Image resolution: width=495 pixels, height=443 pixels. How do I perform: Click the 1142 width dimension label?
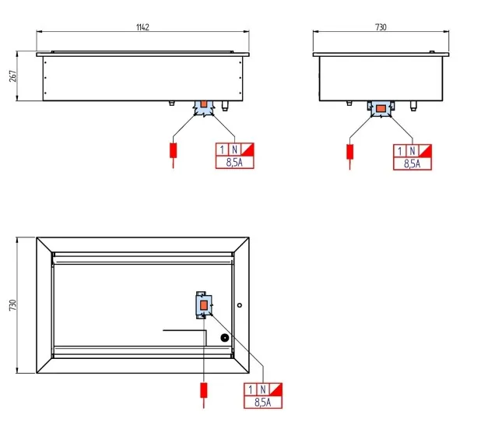point(142,27)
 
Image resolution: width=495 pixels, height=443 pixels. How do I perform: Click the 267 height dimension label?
point(13,76)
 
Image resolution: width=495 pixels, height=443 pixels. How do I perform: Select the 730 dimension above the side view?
point(381,27)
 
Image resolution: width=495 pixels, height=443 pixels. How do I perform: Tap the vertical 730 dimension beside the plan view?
point(12,305)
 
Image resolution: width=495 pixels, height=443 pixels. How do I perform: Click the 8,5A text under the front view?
point(234,162)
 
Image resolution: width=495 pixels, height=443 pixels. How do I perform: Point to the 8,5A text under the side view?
point(412,163)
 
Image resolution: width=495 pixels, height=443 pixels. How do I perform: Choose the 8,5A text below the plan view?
point(262,403)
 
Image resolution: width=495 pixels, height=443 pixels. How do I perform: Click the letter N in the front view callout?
point(234,149)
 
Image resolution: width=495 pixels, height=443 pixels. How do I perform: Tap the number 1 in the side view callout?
point(400,151)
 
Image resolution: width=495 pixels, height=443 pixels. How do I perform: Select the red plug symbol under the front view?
point(173,150)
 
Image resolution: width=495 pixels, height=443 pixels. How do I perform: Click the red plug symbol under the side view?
point(349,152)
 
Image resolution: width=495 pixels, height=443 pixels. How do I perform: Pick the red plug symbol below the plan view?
point(204,390)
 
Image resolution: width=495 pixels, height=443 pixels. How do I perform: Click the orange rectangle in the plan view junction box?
point(204,305)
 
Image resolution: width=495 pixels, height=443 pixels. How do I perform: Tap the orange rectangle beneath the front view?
point(204,104)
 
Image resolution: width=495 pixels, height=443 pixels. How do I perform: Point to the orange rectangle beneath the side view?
point(381,109)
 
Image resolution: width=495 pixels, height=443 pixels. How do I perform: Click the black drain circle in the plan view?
point(224,338)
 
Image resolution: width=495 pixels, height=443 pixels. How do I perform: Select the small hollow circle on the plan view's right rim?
point(240,305)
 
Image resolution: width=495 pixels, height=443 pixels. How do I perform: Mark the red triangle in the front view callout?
point(249,148)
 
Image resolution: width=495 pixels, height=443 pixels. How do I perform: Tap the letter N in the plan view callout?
point(262,389)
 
